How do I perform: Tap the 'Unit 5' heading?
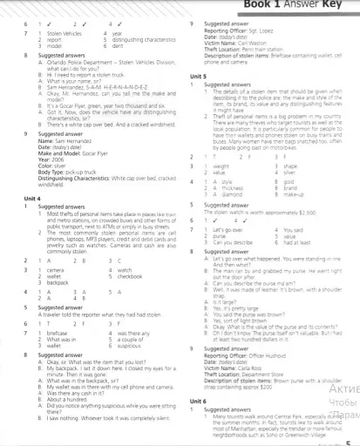(x=197, y=77)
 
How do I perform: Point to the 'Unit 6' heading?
(x=197, y=399)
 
